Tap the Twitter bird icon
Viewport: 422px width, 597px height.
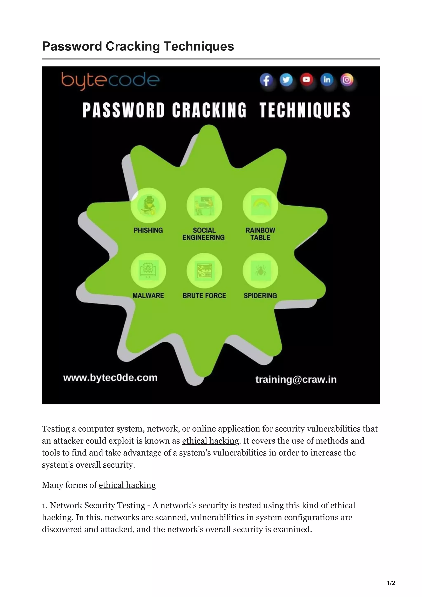click(286, 80)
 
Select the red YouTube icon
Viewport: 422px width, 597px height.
click(306, 79)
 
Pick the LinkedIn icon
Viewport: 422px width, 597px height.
click(327, 79)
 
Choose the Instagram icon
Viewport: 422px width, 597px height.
click(347, 80)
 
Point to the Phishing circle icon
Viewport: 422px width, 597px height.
click(148, 205)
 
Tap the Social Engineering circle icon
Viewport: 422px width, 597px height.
click(204, 205)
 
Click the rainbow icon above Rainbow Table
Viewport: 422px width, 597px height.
click(260, 205)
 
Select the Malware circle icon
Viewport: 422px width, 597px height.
click(148, 271)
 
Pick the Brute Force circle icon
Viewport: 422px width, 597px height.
click(204, 271)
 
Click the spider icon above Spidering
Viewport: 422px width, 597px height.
click(260, 271)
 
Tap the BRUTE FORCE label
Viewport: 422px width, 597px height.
click(204, 296)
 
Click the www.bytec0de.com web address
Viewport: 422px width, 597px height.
click(110, 378)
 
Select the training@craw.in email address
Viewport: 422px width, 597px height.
click(296, 379)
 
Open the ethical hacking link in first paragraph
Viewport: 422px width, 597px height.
click(210, 441)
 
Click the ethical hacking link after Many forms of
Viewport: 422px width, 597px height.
click(127, 485)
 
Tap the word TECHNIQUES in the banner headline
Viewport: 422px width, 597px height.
click(305, 110)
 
